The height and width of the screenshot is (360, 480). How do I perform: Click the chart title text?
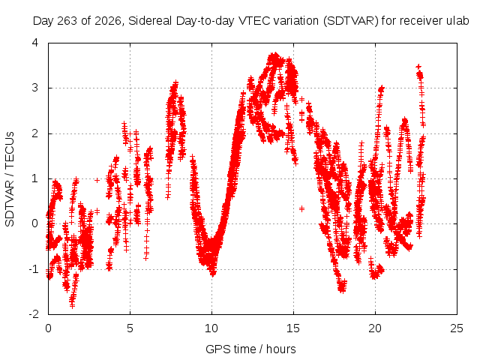coord(250,21)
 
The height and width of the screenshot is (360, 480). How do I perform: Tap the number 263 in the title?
coord(67,21)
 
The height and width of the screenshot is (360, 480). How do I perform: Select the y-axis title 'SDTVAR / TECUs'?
coord(10,179)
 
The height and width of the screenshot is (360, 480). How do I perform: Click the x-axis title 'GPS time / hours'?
coord(250,349)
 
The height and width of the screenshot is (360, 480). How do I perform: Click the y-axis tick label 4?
coord(35,43)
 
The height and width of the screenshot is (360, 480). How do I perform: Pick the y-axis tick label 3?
coord(35,88)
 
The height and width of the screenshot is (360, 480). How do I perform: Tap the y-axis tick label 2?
coord(35,133)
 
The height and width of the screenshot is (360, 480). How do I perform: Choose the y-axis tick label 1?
coord(35,178)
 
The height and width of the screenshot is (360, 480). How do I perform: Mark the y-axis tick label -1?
coord(34,269)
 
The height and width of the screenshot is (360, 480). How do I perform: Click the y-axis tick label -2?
coord(34,314)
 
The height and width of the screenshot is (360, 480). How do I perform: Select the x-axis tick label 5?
coord(130,328)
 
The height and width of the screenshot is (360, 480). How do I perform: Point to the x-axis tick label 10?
coord(211,328)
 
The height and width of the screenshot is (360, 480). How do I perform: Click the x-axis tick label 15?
coord(293,328)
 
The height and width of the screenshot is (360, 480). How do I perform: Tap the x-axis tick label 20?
coord(375,328)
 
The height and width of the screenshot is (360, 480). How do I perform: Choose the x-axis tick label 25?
coord(457,328)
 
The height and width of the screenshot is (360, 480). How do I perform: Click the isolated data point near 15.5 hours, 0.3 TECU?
coord(301,208)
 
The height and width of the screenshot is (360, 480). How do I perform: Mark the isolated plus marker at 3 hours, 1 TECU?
coord(97,180)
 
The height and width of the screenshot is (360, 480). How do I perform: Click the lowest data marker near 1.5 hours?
coord(72,305)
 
